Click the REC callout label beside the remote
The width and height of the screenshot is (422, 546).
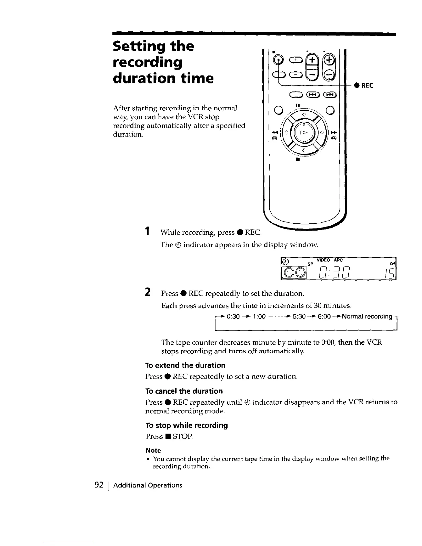click(367, 85)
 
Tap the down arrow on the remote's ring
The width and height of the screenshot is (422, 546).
click(304, 151)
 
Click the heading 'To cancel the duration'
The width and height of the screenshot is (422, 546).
click(184, 391)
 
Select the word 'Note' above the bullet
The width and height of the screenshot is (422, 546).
click(153, 451)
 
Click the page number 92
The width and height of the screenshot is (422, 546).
click(99, 485)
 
